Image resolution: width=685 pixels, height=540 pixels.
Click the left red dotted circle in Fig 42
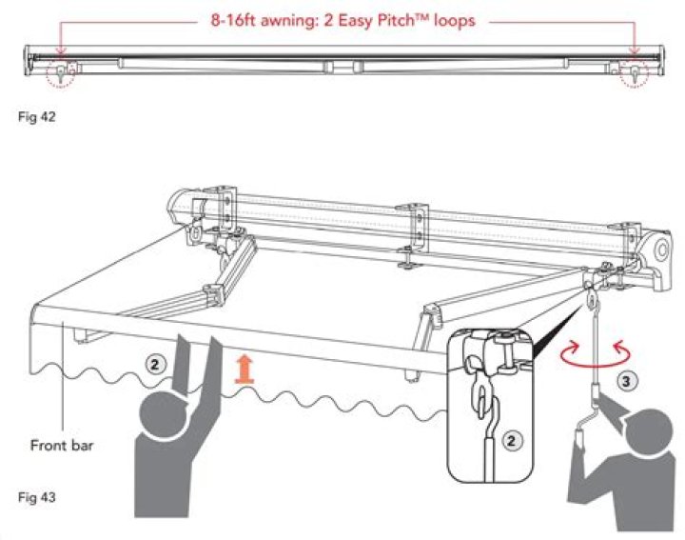click(x=62, y=74)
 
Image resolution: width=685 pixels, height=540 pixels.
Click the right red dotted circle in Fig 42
click(x=632, y=74)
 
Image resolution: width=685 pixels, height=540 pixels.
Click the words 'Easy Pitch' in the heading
click(x=377, y=18)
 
